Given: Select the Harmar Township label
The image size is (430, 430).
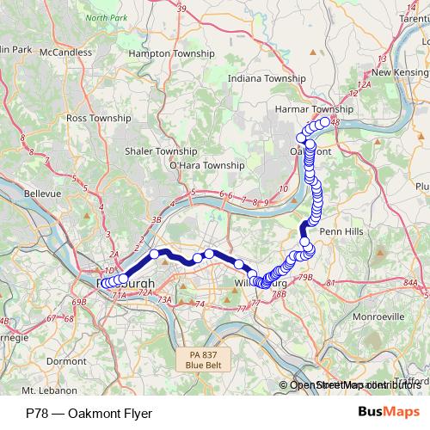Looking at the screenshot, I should [313, 110].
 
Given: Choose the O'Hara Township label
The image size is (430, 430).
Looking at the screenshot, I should [207, 164].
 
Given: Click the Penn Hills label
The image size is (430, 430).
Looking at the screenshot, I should [340, 232].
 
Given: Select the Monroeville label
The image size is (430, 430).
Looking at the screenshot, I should [379, 316].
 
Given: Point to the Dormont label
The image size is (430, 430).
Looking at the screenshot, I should [67, 361].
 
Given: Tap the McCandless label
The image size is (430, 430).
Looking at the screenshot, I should [71, 52].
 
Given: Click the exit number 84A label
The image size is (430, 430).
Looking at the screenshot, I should [409, 282].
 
